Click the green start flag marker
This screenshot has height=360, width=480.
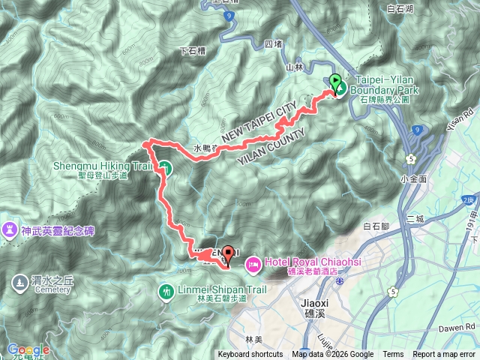[334, 81]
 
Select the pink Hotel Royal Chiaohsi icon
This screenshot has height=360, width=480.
[252, 262]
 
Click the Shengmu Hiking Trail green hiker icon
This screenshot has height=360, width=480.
[166, 169]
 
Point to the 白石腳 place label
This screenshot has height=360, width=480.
[377, 225]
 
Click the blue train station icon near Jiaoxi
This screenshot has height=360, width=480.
[340, 280]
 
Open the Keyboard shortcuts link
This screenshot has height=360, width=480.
[250, 355]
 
